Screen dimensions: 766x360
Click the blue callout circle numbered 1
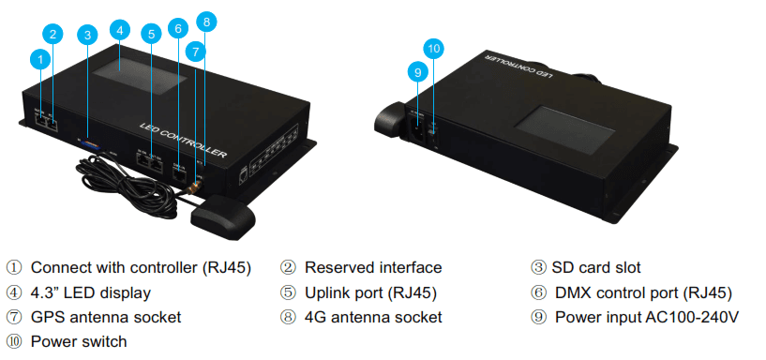click(40, 60)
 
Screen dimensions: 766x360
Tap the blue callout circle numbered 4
click(120, 30)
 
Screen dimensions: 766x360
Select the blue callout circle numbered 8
click(206, 22)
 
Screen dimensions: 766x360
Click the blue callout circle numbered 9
click(417, 73)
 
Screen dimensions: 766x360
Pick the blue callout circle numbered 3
click(87, 36)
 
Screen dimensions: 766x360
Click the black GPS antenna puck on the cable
click(223, 218)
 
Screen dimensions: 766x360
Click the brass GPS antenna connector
click(196, 187)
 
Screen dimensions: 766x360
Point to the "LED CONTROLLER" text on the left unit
click(183, 141)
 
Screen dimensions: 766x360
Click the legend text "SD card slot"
click(596, 268)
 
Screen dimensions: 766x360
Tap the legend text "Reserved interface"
click(373, 268)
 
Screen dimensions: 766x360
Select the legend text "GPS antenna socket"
click(106, 317)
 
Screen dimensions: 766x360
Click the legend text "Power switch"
click(79, 341)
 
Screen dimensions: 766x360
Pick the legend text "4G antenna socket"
click(373, 317)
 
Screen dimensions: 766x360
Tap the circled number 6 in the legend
click(537, 292)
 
